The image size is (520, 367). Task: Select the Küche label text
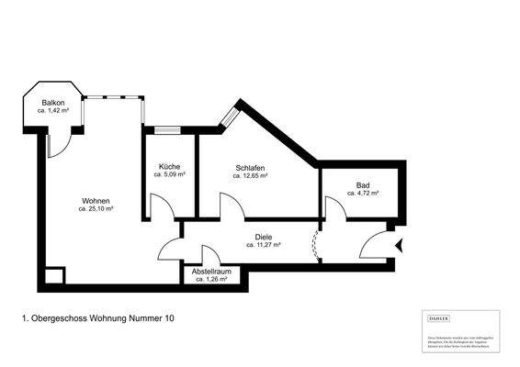pyautogui.click(x=169, y=165)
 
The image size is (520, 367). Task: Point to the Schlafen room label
pyautogui.click(x=251, y=168)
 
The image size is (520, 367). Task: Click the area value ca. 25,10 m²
pyautogui.click(x=96, y=209)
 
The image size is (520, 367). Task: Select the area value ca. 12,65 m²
pyautogui.click(x=251, y=176)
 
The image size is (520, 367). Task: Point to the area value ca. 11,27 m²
pyautogui.click(x=264, y=245)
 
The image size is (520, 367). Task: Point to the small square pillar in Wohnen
pyautogui.click(x=54, y=274)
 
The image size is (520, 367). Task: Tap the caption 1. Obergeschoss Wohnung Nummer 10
pyautogui.click(x=96, y=318)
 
